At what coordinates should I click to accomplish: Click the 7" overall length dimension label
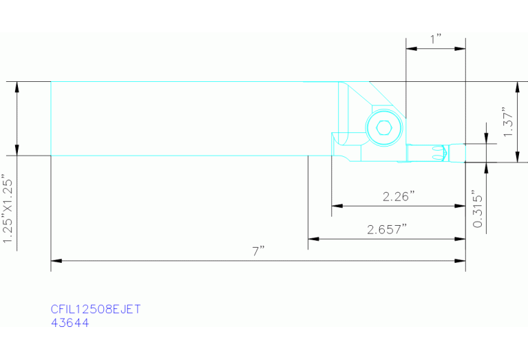(x=258, y=251)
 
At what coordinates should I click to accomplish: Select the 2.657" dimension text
(x=387, y=229)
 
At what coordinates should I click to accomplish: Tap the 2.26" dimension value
(x=399, y=196)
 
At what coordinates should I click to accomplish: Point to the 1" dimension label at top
(x=436, y=39)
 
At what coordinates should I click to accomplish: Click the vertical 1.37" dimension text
(x=508, y=122)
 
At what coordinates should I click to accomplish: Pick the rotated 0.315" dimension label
(x=478, y=209)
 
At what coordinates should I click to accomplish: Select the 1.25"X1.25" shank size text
(x=8, y=209)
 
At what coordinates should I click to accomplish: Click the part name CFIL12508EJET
(x=96, y=309)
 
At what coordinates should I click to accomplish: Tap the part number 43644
(x=70, y=323)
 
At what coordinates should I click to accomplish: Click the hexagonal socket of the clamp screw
(x=384, y=128)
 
